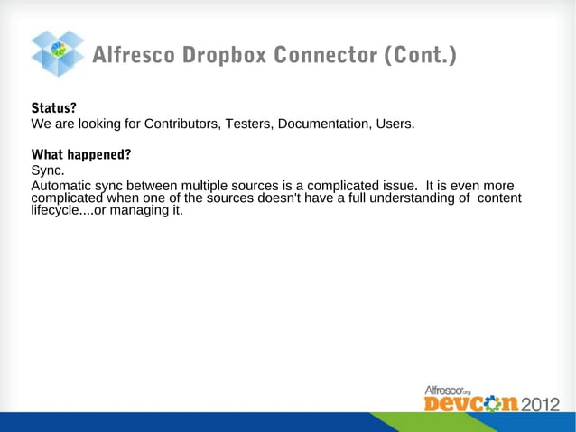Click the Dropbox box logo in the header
(58, 53)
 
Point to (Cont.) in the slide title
(421, 56)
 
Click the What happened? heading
(81, 154)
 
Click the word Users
(395, 124)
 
